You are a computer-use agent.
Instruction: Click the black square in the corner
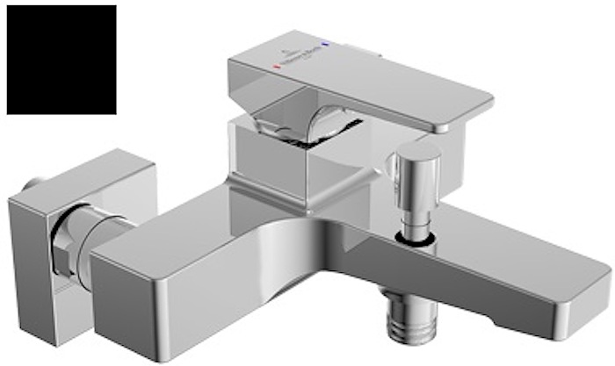(61, 60)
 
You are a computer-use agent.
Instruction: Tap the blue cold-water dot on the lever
(326, 41)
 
